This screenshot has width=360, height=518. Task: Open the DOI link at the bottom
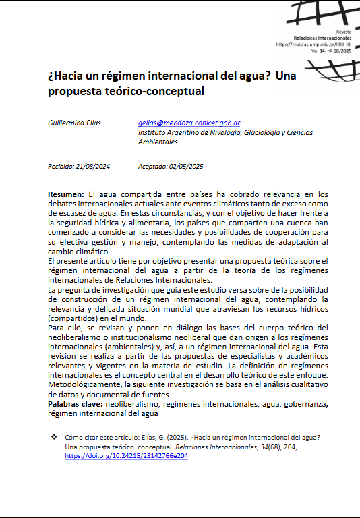[x=126, y=456]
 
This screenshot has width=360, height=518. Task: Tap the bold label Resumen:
[x=66, y=194]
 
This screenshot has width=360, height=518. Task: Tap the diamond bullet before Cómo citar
[x=54, y=438]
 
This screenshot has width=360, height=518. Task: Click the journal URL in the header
[x=313, y=45]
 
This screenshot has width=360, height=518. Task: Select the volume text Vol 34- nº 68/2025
[x=331, y=51]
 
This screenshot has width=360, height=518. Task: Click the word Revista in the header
[x=344, y=32]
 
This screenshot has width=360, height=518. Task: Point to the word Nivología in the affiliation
[x=221, y=133]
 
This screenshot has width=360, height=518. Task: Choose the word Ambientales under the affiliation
[x=158, y=142]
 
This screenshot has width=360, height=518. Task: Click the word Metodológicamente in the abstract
[x=86, y=383]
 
